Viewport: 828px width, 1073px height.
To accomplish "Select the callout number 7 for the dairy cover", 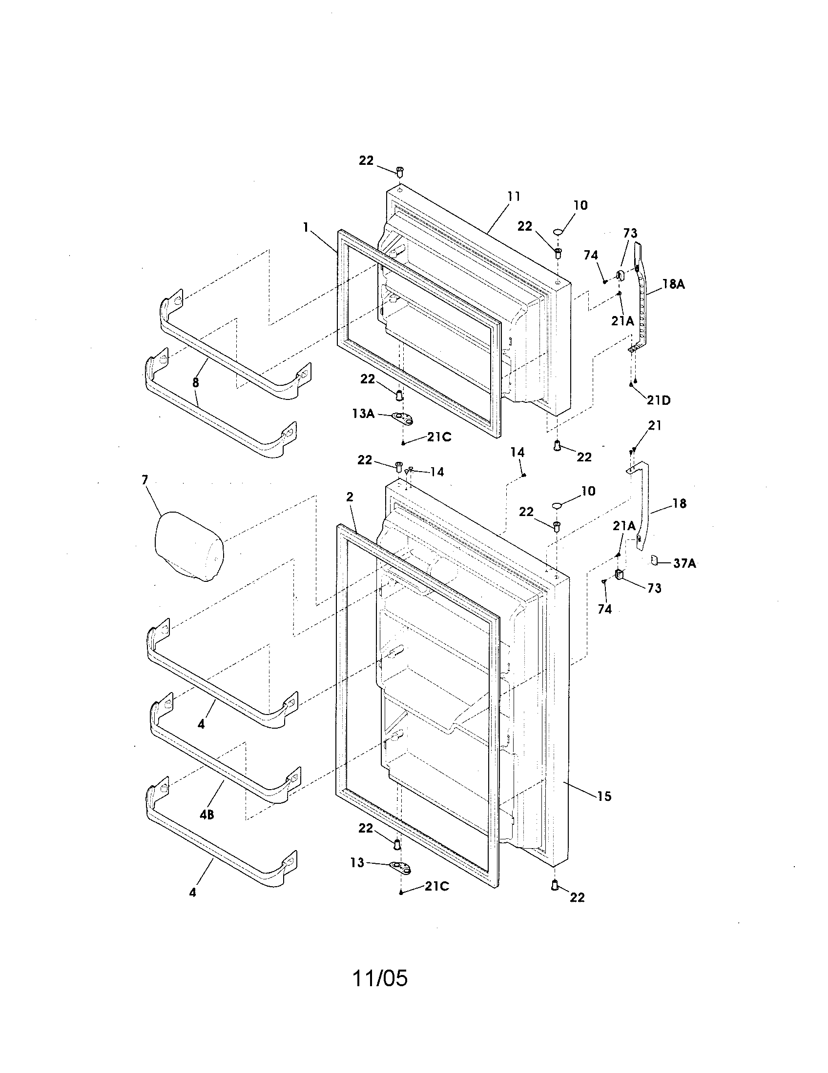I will pyautogui.click(x=145, y=479).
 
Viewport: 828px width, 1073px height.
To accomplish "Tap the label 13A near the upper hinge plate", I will pyautogui.click(x=363, y=414).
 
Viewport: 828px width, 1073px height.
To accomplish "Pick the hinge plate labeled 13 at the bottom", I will pyautogui.click(x=401, y=868).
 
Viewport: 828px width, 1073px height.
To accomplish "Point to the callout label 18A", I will pyautogui.click(x=673, y=284).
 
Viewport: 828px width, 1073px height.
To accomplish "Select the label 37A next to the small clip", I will pyautogui.click(x=684, y=563).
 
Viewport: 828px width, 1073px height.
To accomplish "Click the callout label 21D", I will pyautogui.click(x=659, y=400).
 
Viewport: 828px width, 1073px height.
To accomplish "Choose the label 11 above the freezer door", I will pyautogui.click(x=513, y=197).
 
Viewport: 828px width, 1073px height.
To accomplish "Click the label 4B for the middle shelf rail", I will pyautogui.click(x=207, y=815).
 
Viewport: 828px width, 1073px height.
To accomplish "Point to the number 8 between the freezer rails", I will pyautogui.click(x=196, y=382).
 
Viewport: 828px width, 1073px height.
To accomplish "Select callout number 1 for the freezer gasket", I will pyautogui.click(x=306, y=227).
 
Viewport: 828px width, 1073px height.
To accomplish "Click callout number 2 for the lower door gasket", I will pyautogui.click(x=350, y=497).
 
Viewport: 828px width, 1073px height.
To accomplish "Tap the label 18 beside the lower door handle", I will pyautogui.click(x=679, y=503).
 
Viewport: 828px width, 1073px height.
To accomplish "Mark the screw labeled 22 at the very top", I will pyautogui.click(x=400, y=172).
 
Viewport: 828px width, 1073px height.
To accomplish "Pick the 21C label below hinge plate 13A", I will pyautogui.click(x=438, y=437).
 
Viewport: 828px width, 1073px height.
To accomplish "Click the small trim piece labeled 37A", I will pyautogui.click(x=654, y=559).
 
